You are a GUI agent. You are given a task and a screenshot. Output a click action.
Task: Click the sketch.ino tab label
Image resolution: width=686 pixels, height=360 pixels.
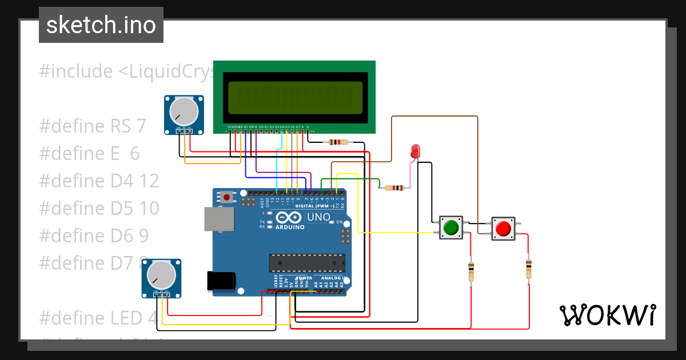pyautogui.click(x=101, y=25)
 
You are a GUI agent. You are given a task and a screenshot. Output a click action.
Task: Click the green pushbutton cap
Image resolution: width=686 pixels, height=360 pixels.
pyautogui.click(x=451, y=227)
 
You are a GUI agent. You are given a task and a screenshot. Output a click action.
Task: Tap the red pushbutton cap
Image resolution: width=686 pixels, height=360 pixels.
pyautogui.click(x=503, y=229)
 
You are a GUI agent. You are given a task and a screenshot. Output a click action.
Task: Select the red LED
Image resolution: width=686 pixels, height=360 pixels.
pyautogui.click(x=415, y=151)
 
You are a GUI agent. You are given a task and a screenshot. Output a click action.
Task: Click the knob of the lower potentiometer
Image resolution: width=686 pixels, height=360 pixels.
pyautogui.click(x=162, y=275)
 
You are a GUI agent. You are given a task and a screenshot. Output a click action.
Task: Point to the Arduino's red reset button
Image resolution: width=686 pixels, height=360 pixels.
pyautogui.click(x=228, y=198)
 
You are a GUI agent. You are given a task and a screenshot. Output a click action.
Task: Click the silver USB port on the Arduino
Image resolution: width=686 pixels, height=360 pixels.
pyautogui.click(x=219, y=219)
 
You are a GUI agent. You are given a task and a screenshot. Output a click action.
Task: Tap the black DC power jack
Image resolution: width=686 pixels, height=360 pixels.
pyautogui.click(x=221, y=281)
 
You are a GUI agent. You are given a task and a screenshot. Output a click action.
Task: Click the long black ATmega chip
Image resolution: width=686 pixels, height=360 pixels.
pyautogui.click(x=307, y=262)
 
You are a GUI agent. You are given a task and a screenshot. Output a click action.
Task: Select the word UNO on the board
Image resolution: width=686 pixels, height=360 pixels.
pyautogui.click(x=318, y=217)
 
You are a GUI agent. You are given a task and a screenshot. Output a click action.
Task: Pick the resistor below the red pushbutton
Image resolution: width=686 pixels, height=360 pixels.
pyautogui.click(x=529, y=268)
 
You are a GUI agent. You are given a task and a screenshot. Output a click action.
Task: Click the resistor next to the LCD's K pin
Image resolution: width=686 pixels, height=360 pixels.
pyautogui.click(x=338, y=142)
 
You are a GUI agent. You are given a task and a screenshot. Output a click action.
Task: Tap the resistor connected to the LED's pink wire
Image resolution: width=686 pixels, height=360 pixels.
pyautogui.click(x=394, y=187)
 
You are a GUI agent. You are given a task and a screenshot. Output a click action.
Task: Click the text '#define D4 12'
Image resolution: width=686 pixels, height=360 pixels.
pyautogui.click(x=99, y=181)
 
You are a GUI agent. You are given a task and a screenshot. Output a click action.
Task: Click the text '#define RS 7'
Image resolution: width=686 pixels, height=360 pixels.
pyautogui.click(x=93, y=126)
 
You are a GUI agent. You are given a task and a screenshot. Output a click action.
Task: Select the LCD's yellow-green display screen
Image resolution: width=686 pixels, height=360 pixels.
pyautogui.click(x=295, y=97)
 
